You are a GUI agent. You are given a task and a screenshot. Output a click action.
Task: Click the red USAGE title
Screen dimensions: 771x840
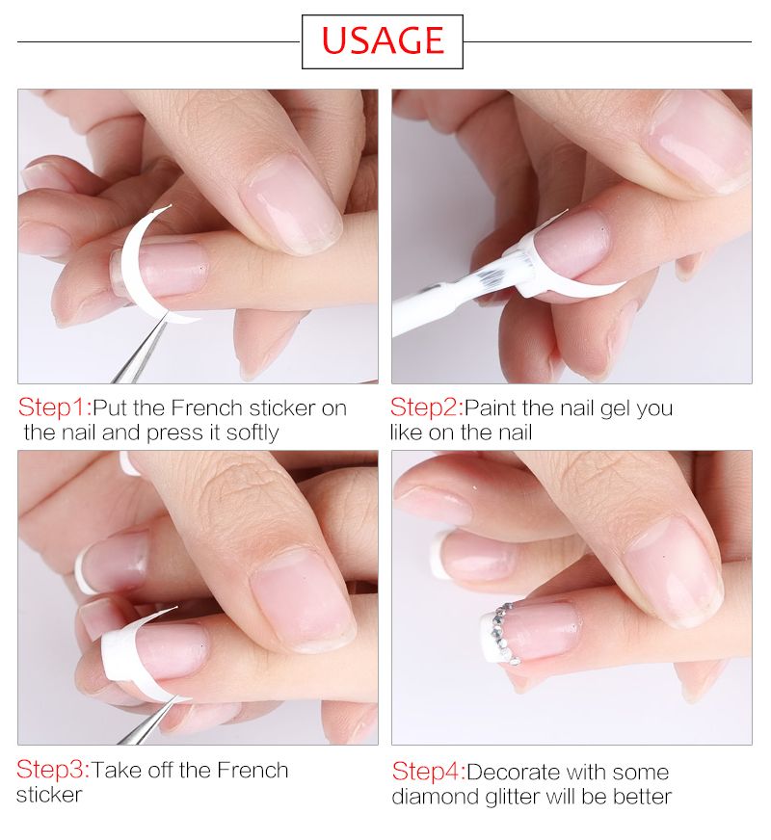pos(383,40)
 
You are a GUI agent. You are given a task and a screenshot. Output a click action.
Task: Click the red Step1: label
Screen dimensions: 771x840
pos(55,407)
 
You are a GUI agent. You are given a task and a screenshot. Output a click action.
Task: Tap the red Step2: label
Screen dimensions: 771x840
pos(427,407)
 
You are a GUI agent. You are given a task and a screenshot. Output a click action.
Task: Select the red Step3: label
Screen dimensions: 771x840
pos(53,770)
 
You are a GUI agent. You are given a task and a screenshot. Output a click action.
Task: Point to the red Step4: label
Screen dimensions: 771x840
pos(429,772)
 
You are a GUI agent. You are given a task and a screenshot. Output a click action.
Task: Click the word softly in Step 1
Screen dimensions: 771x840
pos(253,433)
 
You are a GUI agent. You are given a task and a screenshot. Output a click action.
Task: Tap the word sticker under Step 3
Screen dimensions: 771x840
pos(49,795)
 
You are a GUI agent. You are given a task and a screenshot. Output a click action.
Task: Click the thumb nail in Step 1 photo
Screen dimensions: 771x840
pos(290,209)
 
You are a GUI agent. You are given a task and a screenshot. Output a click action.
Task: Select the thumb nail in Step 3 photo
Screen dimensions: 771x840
pos(304,599)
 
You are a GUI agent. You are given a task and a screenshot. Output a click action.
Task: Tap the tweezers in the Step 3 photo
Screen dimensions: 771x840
pos(150,721)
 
